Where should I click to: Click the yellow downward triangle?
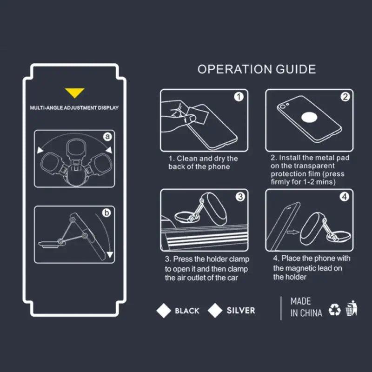(x=74, y=93)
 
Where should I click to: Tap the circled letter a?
(x=107, y=137)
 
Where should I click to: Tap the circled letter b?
(x=106, y=213)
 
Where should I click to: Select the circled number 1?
(x=239, y=97)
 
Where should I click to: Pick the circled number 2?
(x=345, y=97)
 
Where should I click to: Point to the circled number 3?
(x=240, y=197)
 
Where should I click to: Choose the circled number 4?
(x=345, y=197)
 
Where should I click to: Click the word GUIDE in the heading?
(x=296, y=69)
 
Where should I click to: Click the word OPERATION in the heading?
(x=235, y=69)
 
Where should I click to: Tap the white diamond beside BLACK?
(x=164, y=311)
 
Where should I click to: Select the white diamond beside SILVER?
(x=215, y=311)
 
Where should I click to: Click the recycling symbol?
(x=334, y=310)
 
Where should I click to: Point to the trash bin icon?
(x=352, y=308)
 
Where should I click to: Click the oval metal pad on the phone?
(x=310, y=118)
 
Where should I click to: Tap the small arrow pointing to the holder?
(x=293, y=232)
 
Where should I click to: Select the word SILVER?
(x=241, y=310)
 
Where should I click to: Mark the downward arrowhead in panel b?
(x=110, y=254)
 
